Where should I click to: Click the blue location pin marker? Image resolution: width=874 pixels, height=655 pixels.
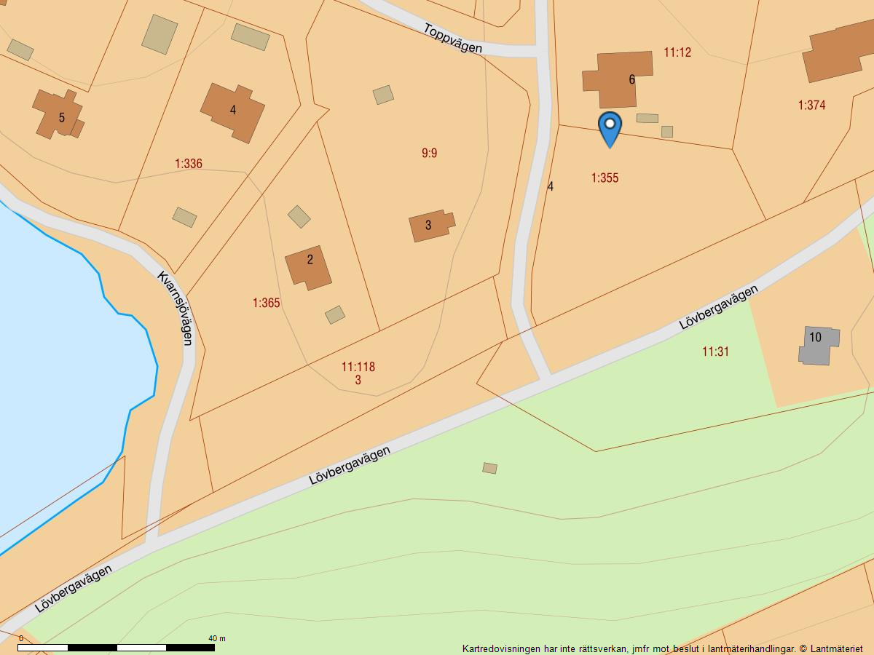(x=610, y=127)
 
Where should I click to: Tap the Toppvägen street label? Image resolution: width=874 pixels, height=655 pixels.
(x=453, y=38)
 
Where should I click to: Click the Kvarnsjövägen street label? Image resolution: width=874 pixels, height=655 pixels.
(x=176, y=308)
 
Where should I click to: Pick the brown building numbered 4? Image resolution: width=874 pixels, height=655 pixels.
(x=232, y=111)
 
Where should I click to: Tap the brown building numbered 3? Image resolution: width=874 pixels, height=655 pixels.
(x=430, y=225)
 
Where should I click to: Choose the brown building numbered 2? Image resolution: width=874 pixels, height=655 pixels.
(x=307, y=266)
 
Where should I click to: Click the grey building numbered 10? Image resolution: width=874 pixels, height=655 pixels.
(x=819, y=345)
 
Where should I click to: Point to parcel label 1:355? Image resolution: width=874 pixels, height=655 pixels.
(x=605, y=178)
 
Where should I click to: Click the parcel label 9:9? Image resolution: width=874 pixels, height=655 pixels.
(x=430, y=153)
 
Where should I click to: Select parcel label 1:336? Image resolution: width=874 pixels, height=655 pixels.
(x=189, y=164)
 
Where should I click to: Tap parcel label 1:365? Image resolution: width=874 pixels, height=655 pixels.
(x=267, y=303)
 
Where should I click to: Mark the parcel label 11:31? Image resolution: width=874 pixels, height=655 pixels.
(x=715, y=352)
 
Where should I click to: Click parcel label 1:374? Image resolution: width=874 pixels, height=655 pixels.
(x=811, y=105)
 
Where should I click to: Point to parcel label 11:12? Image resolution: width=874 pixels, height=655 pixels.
(x=677, y=52)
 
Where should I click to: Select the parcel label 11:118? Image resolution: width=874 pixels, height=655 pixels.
(x=358, y=367)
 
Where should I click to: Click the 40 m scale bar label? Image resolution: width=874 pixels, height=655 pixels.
(x=217, y=638)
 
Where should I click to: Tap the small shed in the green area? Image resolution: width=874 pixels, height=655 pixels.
(x=489, y=468)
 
